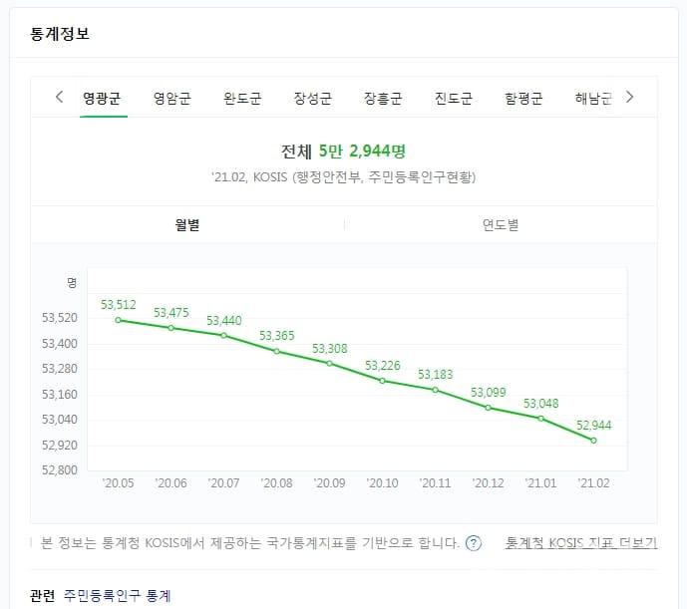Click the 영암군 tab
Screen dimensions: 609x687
172,99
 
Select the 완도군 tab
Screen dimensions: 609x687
242,99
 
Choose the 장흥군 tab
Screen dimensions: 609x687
383,99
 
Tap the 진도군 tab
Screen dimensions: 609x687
454,99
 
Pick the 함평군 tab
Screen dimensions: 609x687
523,99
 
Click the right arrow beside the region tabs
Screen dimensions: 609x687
629,97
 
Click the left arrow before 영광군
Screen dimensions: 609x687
59,97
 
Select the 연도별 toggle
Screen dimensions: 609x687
501,225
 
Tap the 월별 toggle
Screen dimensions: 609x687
187,225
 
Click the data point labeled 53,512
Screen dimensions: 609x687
119,320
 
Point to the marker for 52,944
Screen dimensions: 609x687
594,441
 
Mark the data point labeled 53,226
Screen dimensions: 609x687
383,381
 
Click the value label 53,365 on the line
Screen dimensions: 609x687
277,336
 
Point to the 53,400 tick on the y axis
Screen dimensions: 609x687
60,344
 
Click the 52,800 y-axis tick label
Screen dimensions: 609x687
60,469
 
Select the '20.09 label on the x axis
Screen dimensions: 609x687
330,483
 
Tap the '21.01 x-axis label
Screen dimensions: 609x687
541,483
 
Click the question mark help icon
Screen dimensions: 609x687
474,543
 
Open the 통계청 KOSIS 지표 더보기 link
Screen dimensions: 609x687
581,543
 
